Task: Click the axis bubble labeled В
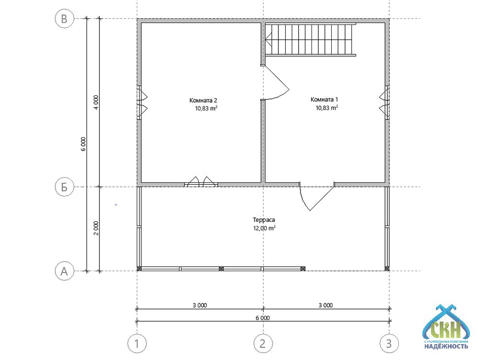[64, 19]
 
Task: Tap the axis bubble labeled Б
[64, 187]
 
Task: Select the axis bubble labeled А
[64, 271]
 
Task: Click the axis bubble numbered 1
[137, 344]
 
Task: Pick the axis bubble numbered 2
[263, 344]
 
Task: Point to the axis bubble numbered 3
[389, 344]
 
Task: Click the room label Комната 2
[203, 100]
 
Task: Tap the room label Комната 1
[324, 99]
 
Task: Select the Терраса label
[264, 220]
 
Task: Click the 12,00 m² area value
[264, 228]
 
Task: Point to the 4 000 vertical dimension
[96, 103]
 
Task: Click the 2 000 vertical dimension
[96, 228]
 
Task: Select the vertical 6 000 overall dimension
[84, 144]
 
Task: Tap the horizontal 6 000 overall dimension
[263, 318]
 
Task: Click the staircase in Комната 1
[310, 39]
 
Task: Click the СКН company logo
[446, 327]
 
